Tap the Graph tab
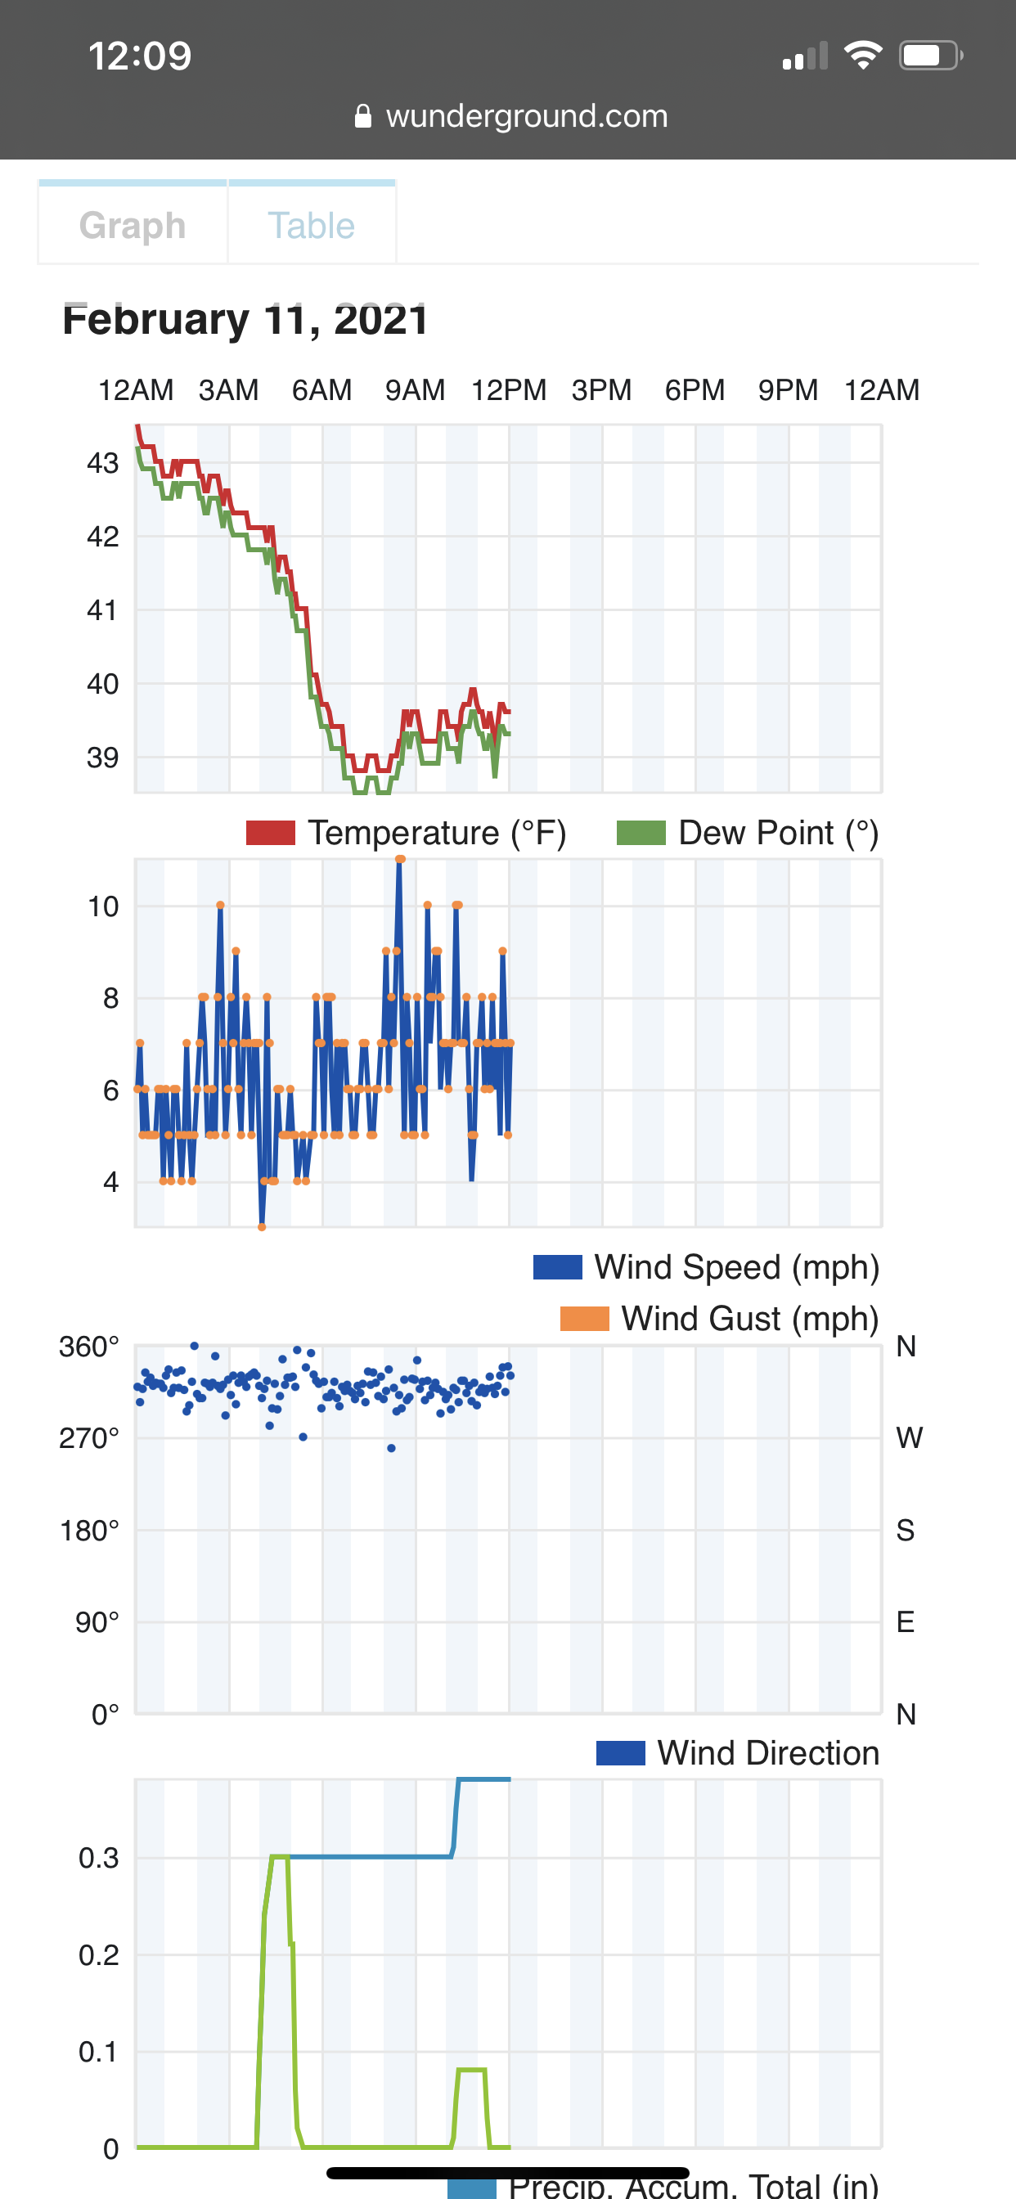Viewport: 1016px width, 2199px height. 133,225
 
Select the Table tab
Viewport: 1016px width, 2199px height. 311,225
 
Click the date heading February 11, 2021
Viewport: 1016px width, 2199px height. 245,319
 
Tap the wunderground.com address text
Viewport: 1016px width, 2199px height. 526,115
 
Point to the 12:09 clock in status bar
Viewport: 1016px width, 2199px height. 140,56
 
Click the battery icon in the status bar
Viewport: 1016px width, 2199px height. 930,56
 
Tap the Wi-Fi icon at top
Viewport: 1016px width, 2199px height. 862,56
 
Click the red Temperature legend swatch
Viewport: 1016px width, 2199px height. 270,832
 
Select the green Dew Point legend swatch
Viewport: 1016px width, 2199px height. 641,832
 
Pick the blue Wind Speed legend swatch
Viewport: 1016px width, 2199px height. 558,1267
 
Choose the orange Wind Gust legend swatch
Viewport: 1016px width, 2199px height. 584,1318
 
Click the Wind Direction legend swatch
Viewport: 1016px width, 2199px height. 620,1752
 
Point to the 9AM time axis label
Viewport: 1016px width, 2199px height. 415,390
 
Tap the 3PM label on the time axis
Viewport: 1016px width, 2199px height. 601,390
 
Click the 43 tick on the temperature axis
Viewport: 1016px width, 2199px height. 102,464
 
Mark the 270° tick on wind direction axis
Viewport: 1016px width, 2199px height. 89,1438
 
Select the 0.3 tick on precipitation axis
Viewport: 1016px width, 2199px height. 98,1858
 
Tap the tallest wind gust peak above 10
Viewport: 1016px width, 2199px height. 399,860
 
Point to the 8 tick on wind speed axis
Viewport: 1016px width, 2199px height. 111,998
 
